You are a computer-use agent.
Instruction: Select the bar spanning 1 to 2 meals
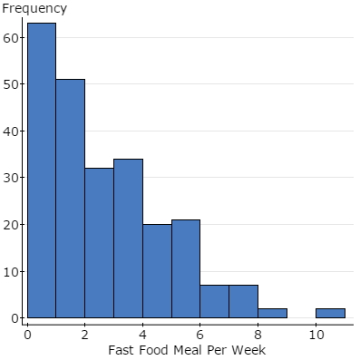[71, 199]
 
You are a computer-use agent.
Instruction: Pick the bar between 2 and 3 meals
[99, 243]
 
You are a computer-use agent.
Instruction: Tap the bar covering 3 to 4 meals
[128, 238]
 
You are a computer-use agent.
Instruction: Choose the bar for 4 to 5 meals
[157, 271]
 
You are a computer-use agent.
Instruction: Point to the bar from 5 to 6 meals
[186, 269]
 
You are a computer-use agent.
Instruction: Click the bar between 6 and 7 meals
[215, 302]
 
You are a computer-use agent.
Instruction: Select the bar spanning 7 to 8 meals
[244, 302]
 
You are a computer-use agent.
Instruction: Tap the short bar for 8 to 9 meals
[273, 314]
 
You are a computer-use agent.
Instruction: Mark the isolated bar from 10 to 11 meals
[330, 314]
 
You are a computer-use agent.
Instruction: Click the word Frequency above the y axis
[34, 9]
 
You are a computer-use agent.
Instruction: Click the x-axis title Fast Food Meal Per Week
[187, 350]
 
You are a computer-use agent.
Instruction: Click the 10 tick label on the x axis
[316, 334]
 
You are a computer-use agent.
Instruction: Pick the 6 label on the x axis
[200, 334]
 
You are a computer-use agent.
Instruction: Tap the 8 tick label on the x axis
[258, 334]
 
